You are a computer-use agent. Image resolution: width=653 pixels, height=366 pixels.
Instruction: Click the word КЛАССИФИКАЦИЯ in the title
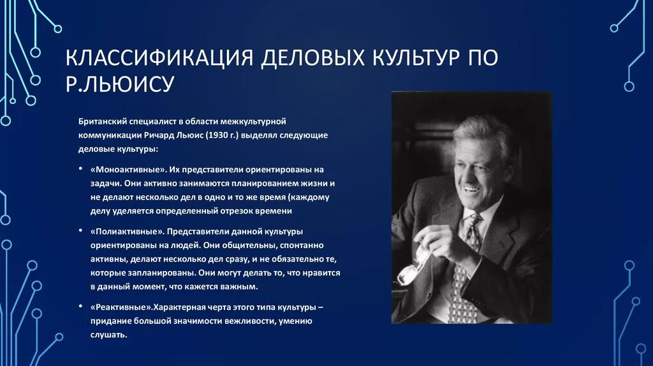click(157, 58)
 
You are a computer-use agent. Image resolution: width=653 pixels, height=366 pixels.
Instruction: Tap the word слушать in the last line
click(110, 335)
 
